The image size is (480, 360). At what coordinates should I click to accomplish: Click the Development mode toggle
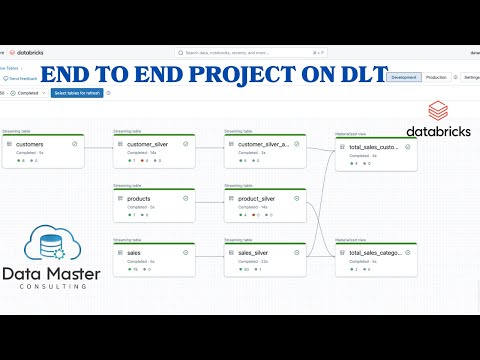point(403,76)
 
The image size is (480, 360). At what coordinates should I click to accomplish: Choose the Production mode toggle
point(436,76)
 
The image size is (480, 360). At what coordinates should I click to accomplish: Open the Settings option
point(470,76)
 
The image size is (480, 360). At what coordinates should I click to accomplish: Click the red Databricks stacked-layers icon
point(437,111)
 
